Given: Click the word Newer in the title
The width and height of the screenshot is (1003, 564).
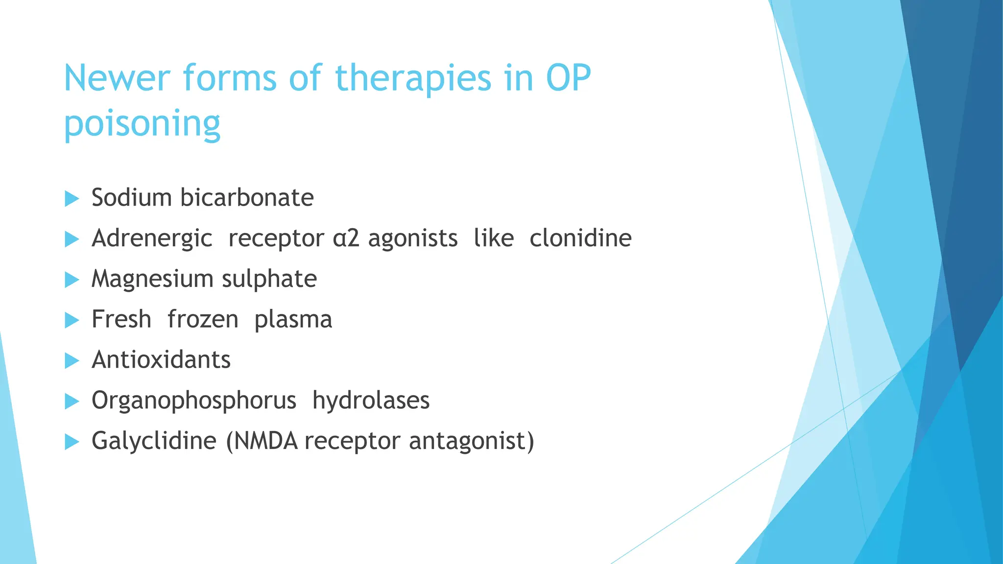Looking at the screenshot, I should click(117, 78).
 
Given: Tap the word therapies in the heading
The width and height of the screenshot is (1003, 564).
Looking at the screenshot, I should click(413, 78).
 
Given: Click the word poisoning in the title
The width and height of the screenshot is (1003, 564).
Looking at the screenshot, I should click(142, 123).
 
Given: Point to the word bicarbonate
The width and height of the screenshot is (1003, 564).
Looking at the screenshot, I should click(247, 198).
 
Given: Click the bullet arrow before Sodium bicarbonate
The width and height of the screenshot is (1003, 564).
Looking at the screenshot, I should click(72, 199).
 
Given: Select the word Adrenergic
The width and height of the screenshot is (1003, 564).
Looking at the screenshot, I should click(152, 239).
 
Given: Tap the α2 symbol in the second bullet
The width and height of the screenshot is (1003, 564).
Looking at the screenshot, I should click(346, 239).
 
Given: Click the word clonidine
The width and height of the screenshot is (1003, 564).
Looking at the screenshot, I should click(580, 238).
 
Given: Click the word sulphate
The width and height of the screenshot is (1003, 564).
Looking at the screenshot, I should click(269, 279).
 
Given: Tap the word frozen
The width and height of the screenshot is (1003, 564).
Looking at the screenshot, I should click(203, 320).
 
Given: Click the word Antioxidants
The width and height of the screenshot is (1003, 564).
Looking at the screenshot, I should click(161, 360).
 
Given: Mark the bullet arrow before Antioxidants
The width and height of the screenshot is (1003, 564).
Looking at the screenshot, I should click(72, 361).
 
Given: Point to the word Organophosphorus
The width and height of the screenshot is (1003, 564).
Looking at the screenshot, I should click(194, 401).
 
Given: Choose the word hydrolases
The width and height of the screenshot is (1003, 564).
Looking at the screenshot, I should click(371, 400).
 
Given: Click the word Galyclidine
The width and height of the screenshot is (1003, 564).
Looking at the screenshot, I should click(154, 441).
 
